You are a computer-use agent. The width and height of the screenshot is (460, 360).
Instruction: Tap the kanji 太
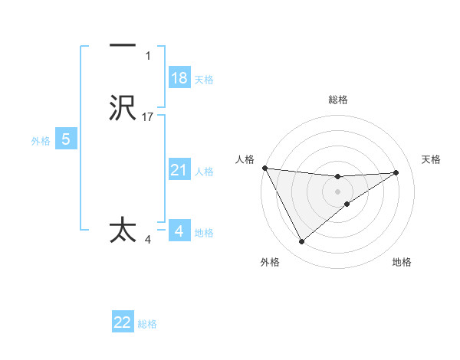pos(123,231)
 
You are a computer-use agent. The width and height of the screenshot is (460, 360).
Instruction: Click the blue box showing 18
pos(179,78)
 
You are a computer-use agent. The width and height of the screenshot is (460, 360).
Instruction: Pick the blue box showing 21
pos(179,170)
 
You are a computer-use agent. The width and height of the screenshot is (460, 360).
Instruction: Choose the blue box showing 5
pos(66,139)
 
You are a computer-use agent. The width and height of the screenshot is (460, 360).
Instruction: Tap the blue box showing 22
pos(123,322)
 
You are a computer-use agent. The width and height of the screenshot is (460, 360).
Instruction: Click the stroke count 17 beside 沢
pos(148,117)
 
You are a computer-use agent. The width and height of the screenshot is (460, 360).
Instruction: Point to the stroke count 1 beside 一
pos(148,56)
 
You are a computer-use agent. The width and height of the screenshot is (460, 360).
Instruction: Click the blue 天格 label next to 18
pos(203,80)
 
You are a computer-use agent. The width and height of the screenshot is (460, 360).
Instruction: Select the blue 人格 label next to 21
pos(204,172)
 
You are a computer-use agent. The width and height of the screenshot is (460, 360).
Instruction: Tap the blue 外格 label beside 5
pos(40,141)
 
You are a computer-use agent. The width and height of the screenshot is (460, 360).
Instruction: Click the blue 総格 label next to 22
pos(147,324)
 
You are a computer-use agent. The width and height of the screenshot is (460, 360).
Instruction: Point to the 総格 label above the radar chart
pos(337,100)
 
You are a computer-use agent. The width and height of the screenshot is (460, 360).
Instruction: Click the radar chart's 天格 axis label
pos(432,159)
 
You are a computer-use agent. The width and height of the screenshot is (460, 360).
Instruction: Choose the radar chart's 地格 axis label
pos(402,263)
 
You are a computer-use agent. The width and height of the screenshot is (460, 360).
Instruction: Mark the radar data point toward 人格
pos(264,168)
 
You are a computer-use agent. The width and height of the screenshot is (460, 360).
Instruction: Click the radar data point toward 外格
pos(301,242)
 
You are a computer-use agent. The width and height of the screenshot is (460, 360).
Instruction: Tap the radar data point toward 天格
pos(396,172)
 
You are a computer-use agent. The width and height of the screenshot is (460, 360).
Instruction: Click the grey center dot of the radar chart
pos(337,191)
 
